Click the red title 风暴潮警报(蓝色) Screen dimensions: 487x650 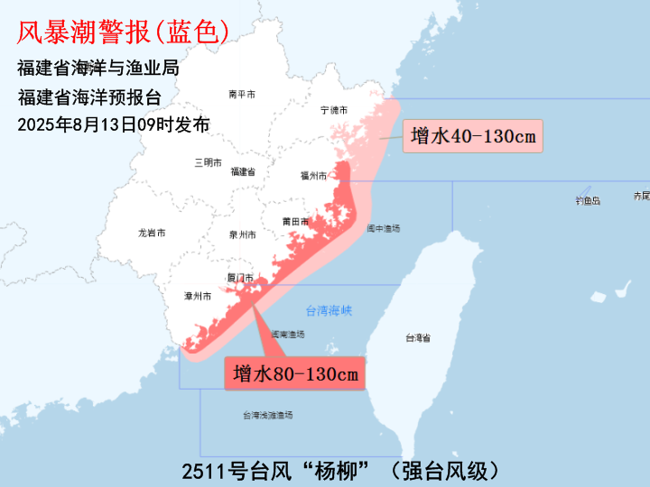(x=123, y=33)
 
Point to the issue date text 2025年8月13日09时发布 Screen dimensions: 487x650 (x=114, y=124)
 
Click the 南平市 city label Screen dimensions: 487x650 (x=242, y=95)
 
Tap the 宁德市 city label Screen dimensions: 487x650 (x=334, y=110)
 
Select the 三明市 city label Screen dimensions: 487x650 (x=208, y=163)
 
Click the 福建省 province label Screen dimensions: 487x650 (x=243, y=171)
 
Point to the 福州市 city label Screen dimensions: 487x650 (x=313, y=177)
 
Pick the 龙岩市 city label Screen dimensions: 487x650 (x=152, y=233)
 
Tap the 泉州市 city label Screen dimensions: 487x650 (x=242, y=235)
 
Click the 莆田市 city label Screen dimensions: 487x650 (x=295, y=222)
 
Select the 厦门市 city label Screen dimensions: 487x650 (x=240, y=278)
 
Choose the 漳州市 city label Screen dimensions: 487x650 (x=197, y=296)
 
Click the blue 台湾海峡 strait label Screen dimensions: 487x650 (x=329, y=311)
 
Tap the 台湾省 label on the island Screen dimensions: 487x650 (x=417, y=338)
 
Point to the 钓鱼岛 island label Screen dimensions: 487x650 (x=587, y=200)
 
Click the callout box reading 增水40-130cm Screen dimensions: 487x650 (x=473, y=137)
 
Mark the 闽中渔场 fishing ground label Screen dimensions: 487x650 (x=383, y=229)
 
